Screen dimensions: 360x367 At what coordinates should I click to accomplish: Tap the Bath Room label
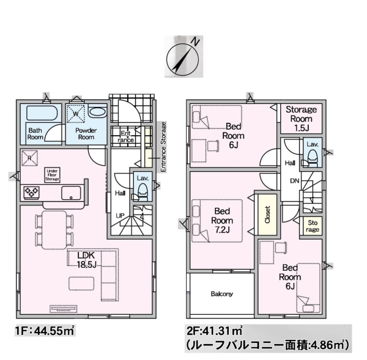tap(35, 134)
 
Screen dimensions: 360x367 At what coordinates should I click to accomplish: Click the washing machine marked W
tap(76, 114)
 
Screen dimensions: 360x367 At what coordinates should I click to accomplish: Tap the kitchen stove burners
tap(31, 193)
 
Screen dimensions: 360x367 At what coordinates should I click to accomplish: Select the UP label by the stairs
tap(120, 216)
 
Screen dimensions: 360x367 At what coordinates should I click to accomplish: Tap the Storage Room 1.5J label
tap(302, 118)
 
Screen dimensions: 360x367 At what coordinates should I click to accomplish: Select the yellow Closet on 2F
tap(267, 215)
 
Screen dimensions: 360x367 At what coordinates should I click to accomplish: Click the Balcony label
tap(221, 294)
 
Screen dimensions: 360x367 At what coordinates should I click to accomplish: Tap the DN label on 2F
tap(294, 181)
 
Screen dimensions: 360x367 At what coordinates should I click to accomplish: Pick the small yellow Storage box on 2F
tap(312, 226)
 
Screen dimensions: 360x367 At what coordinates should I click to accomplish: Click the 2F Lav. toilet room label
tap(311, 144)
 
